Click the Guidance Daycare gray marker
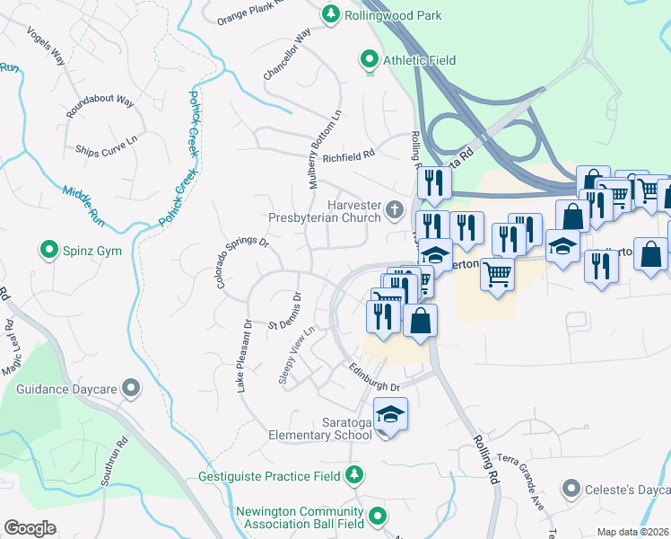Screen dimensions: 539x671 (x=132, y=388)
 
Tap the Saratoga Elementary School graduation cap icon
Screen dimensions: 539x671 (x=390, y=415)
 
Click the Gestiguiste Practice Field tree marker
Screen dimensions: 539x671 (x=355, y=473)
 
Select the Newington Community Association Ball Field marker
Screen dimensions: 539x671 (x=378, y=517)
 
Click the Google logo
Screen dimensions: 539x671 (x=30, y=528)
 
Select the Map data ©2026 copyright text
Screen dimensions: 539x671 (x=632, y=532)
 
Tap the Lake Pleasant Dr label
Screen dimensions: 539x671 (x=243, y=356)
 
